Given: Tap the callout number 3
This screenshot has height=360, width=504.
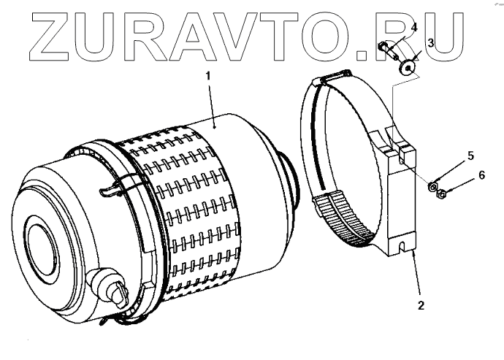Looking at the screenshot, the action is point(431,44).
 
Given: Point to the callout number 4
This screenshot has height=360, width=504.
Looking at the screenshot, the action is point(414,27).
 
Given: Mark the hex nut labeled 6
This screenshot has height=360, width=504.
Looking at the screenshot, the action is point(443,195).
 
